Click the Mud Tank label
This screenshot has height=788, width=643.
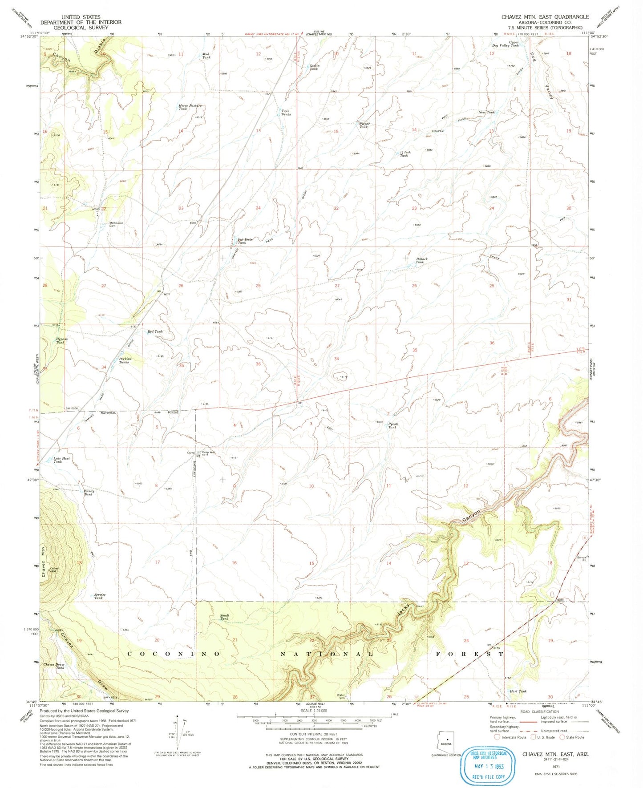coord(206,56)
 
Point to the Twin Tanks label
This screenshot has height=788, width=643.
coord(286,113)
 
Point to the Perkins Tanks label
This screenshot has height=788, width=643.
coord(124,360)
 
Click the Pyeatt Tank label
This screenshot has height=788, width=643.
coord(393,425)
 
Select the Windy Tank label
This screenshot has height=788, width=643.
coord(89,493)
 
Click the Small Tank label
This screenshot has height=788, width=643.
coord(224,617)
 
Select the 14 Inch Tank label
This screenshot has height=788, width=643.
coord(405,154)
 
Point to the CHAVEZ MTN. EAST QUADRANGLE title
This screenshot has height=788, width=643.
coord(545,17)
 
